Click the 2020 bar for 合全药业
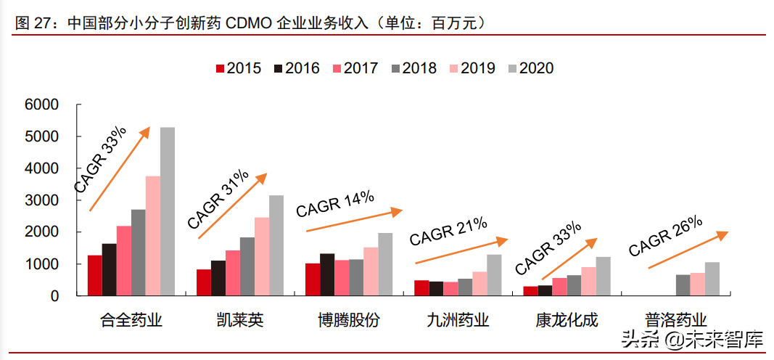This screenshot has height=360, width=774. coord(167,211)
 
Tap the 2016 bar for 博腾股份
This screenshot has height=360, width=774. coord(327,274)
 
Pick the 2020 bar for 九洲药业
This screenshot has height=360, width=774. coord(494,275)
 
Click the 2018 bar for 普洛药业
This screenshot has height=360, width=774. coord(683,285)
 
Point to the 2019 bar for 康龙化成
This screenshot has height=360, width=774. coord(588,282)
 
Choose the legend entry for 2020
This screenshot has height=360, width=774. coord(530,68)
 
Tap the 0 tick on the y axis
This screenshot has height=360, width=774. coord(54,296)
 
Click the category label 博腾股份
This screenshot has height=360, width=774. coord(348,320)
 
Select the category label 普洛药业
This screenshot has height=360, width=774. coord(675,320)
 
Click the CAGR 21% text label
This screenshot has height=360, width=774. coord(448,232)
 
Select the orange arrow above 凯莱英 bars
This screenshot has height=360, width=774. coord(232,206)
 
